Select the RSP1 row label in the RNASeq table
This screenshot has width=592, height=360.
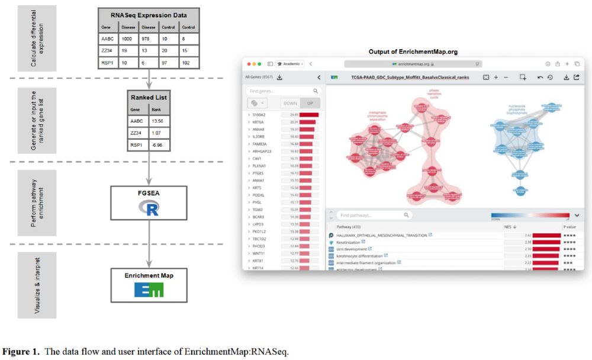pyautogui.click(x=108, y=62)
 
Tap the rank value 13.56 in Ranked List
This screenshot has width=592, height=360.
pyautogui.click(x=157, y=122)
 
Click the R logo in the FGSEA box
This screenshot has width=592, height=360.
pyautogui.click(x=149, y=207)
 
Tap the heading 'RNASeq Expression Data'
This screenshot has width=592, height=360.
pyautogui.click(x=149, y=15)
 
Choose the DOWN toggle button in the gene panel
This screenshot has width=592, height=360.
pyautogui.click(x=289, y=103)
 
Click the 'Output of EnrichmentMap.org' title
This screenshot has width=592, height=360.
pyautogui.click(x=413, y=52)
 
